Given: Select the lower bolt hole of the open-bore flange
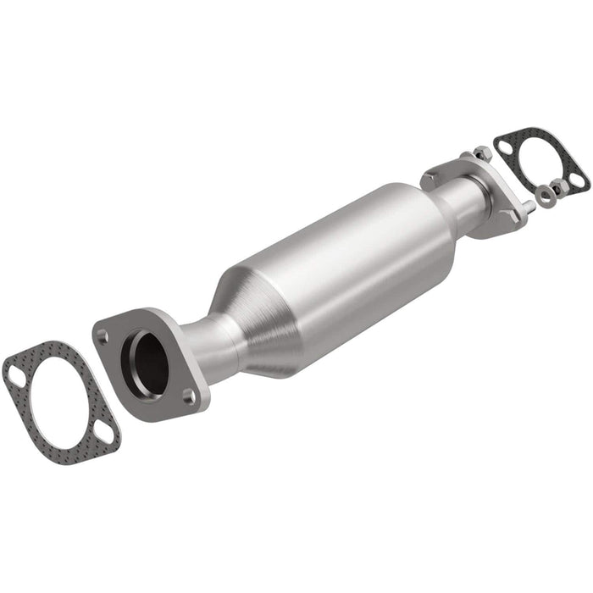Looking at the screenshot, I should (x=189, y=394).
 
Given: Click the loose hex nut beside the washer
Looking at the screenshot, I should (x=560, y=186).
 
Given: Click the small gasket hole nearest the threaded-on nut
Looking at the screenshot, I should (x=505, y=147).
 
